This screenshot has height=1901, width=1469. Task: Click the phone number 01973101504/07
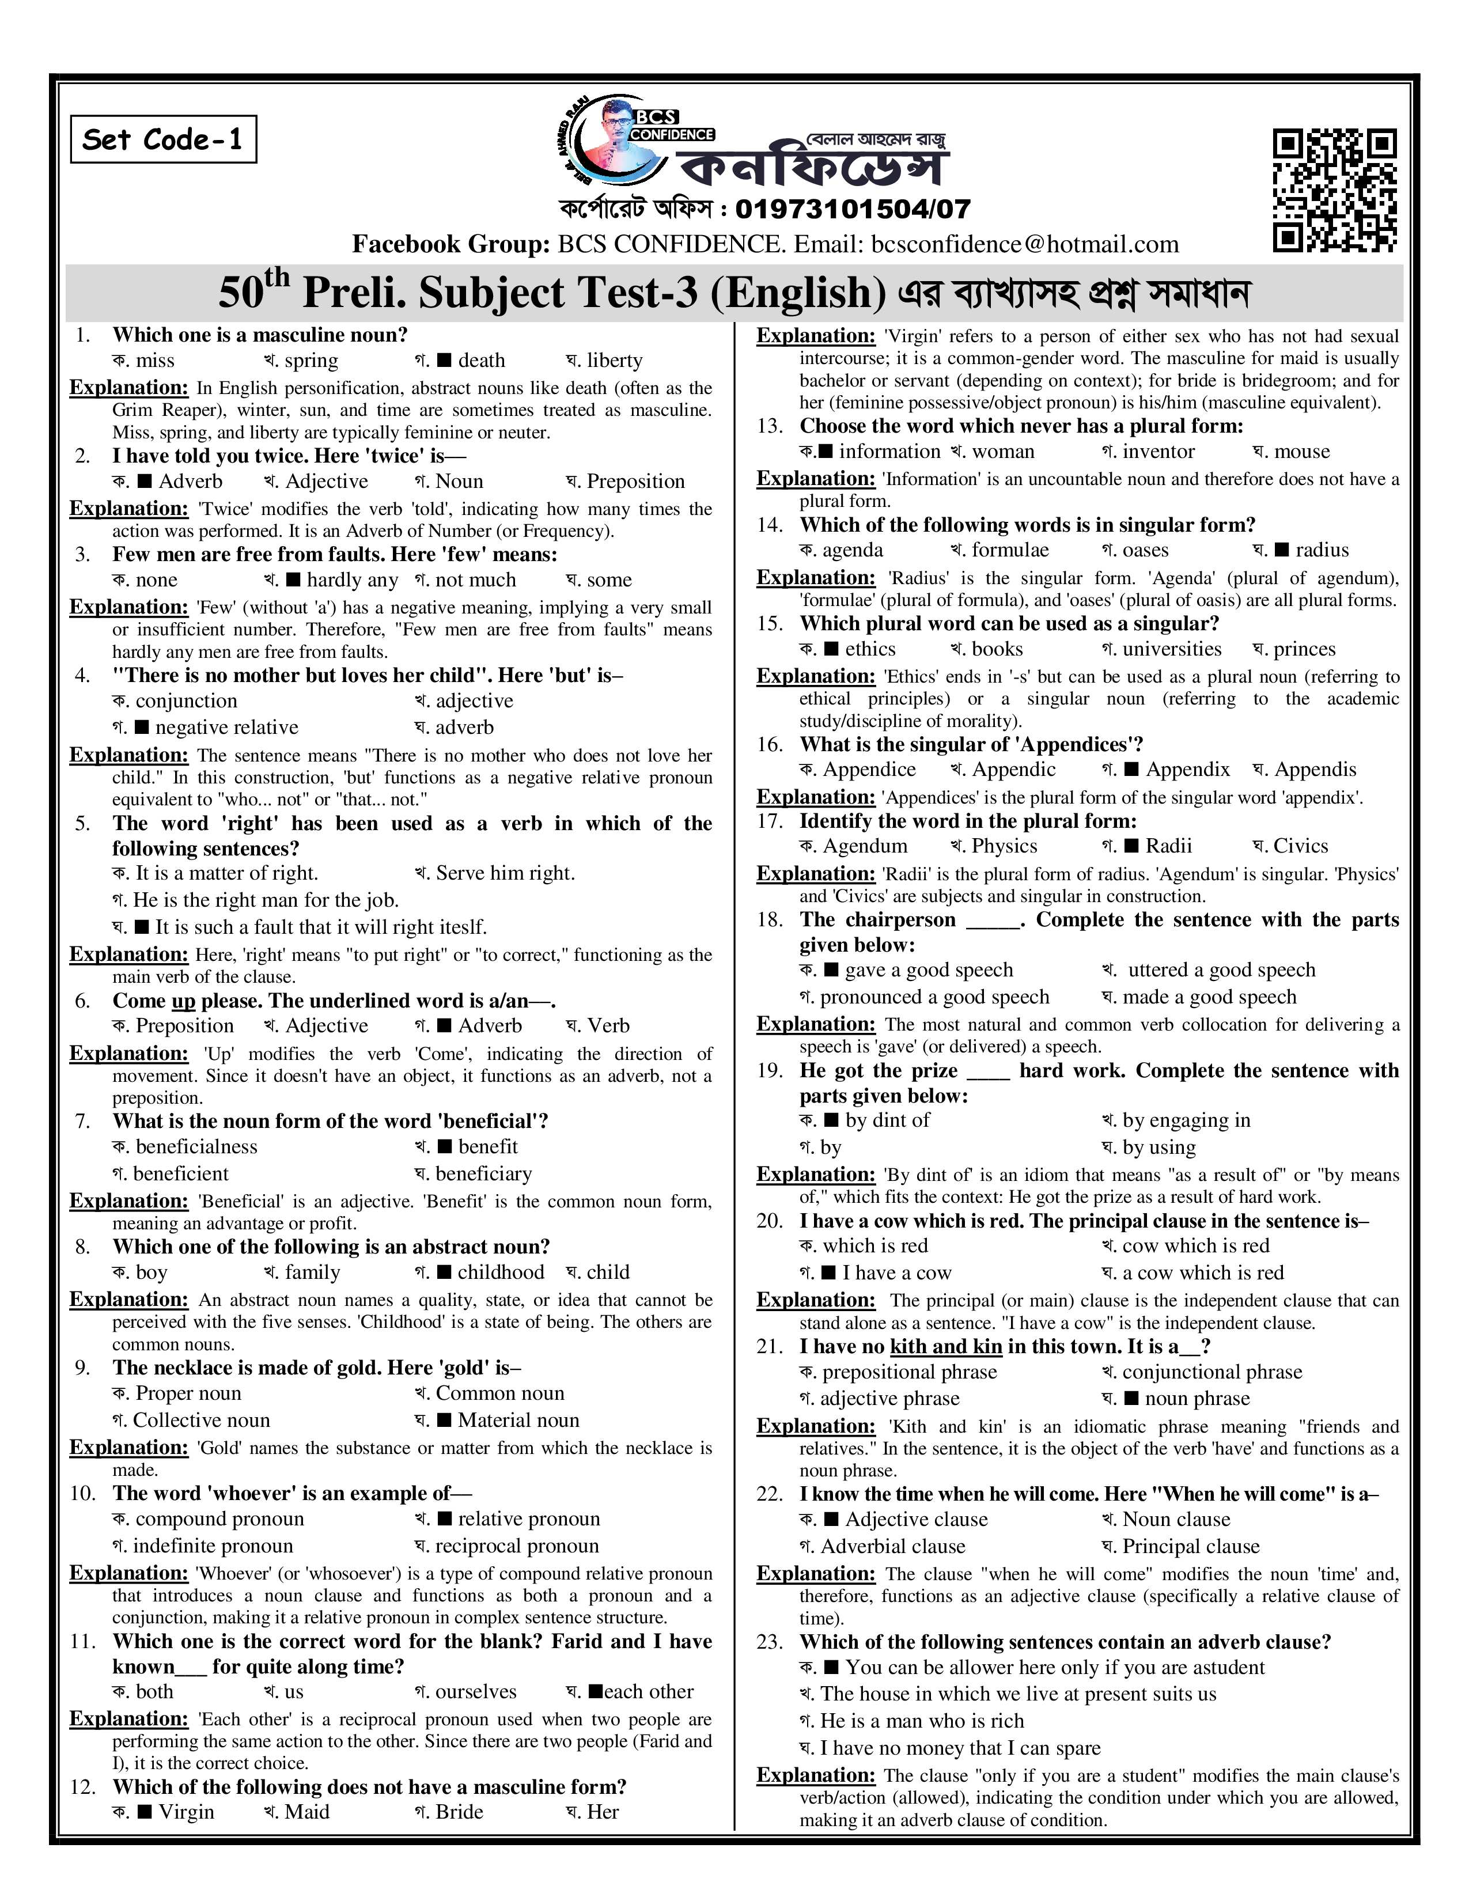[852, 209]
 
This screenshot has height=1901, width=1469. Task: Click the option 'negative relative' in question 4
[226, 727]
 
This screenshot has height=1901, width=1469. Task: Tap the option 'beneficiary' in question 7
[483, 1173]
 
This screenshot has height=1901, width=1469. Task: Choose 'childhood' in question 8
[501, 1272]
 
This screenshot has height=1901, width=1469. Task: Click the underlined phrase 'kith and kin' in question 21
[946, 1347]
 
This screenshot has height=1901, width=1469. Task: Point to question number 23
[769, 1642]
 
